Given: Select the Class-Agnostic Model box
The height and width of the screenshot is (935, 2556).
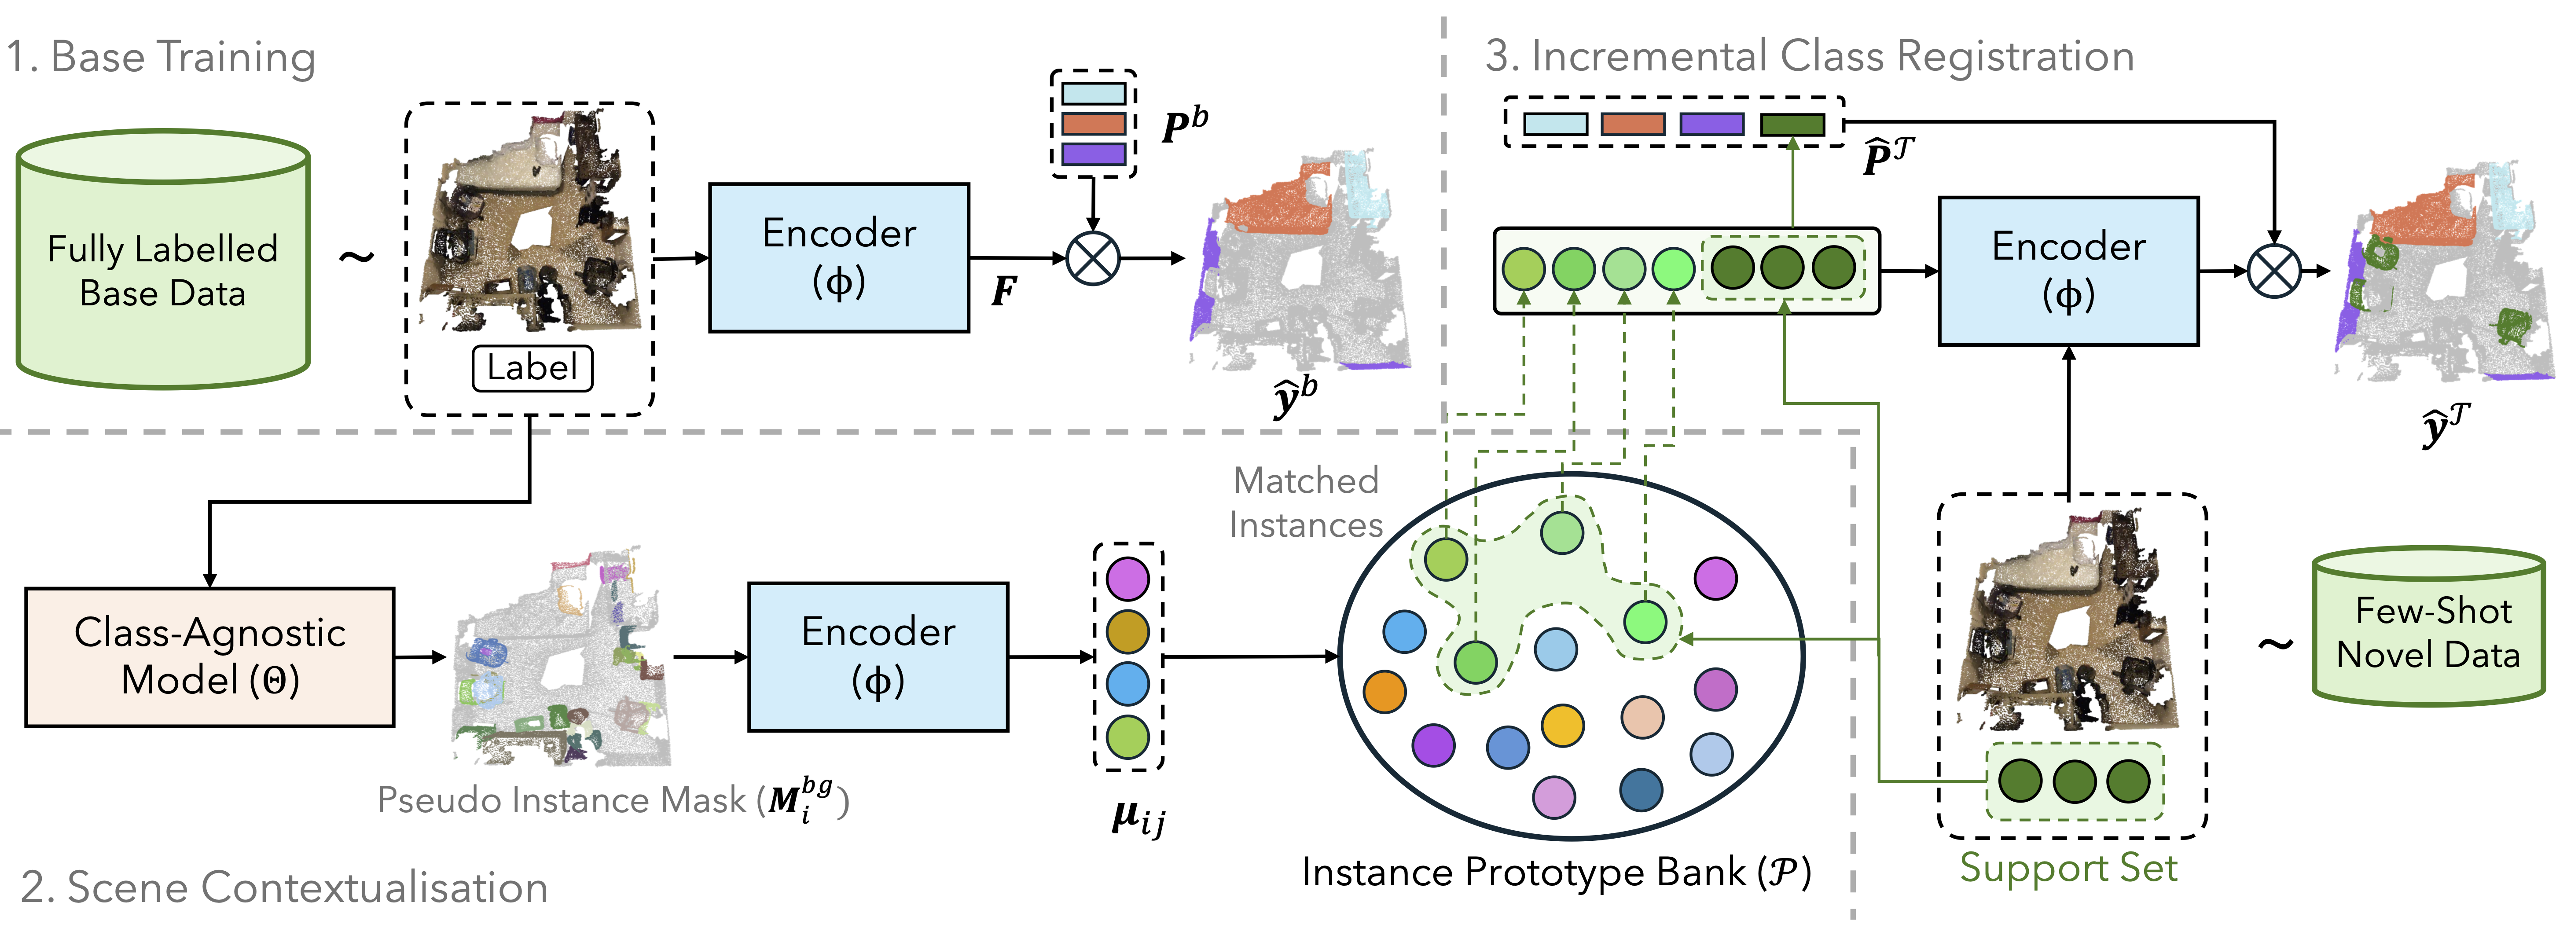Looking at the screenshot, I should [x=209, y=657].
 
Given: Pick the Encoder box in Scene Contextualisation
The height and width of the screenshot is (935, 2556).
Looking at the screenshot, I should [x=878, y=657].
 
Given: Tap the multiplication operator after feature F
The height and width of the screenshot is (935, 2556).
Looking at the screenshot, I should [x=1092, y=258].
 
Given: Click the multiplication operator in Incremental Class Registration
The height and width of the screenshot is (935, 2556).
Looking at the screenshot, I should [x=2273, y=271].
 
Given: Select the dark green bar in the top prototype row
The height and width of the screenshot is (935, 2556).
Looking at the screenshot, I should [x=1792, y=124].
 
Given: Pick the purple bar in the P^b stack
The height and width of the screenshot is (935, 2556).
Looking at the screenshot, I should [x=1092, y=154].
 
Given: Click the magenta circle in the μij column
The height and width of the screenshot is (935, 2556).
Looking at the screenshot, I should [x=1127, y=579].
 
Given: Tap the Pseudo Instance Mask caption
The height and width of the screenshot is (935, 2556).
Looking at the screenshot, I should [x=612, y=799].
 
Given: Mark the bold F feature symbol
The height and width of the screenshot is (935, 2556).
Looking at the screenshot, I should [x=1003, y=291].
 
